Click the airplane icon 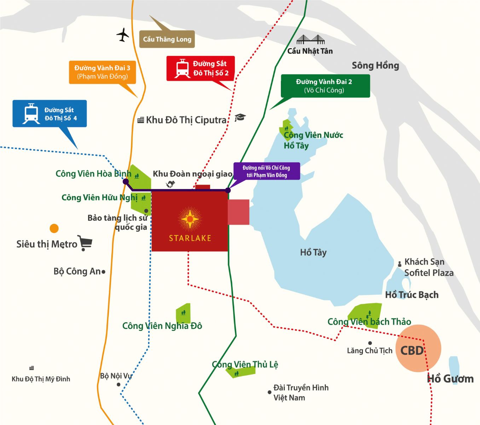pyautogui.click(x=123, y=35)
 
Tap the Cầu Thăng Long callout pyautogui.click(x=167, y=39)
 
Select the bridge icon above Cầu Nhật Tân pyautogui.click(x=310, y=39)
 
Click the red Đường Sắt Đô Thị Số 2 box pyautogui.click(x=201, y=68)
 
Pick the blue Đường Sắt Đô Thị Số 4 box pyautogui.click(x=50, y=114)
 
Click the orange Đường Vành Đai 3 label pyautogui.click(x=102, y=72)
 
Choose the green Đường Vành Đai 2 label pyautogui.click(x=325, y=86)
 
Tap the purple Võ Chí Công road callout pyautogui.click(x=266, y=171)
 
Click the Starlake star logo pyautogui.click(x=190, y=219)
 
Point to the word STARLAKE pyautogui.click(x=190, y=238)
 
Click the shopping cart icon pyautogui.click(x=85, y=243)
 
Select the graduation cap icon pyautogui.click(x=240, y=118)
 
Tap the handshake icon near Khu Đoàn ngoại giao pyautogui.click(x=170, y=184)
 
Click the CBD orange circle pyautogui.click(x=418, y=348)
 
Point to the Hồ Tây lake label pyautogui.click(x=313, y=253)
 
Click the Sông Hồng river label pyautogui.click(x=375, y=66)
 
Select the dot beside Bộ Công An pyautogui.click(x=103, y=272)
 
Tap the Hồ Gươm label pyautogui.click(x=450, y=379)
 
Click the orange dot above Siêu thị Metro pyautogui.click(x=54, y=228)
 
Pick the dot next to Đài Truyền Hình pyautogui.click(x=270, y=392)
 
